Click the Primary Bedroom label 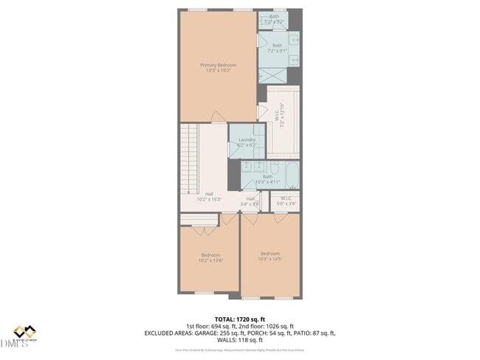tap(216, 65)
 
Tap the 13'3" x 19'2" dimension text tap(216, 71)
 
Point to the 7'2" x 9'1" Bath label tap(276, 48)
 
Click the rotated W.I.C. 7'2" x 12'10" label tap(281, 114)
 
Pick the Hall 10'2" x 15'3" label tap(210, 197)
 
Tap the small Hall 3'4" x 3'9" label tap(250, 201)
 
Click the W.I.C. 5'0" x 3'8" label tap(285, 199)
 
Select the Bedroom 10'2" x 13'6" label tap(210, 257)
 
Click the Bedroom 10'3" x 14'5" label tap(270, 256)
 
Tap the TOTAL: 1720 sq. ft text tap(239, 318)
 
